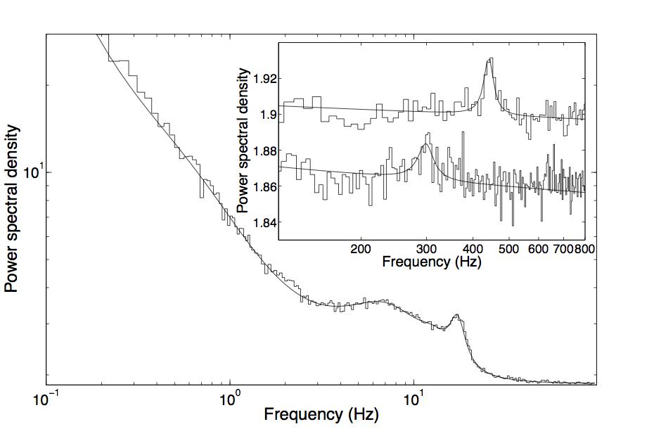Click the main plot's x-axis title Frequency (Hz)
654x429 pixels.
coord(321,414)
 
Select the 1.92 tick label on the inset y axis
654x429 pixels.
coord(262,79)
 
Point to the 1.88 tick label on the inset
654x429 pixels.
coord(262,151)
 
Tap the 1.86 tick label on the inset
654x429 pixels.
coord(262,187)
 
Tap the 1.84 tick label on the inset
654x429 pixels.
coord(262,223)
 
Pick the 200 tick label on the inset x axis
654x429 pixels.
coord(361,249)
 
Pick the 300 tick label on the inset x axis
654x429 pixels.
coord(426,249)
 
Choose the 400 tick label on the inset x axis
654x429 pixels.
coord(472,249)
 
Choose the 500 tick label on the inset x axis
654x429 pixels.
coord(508,249)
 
